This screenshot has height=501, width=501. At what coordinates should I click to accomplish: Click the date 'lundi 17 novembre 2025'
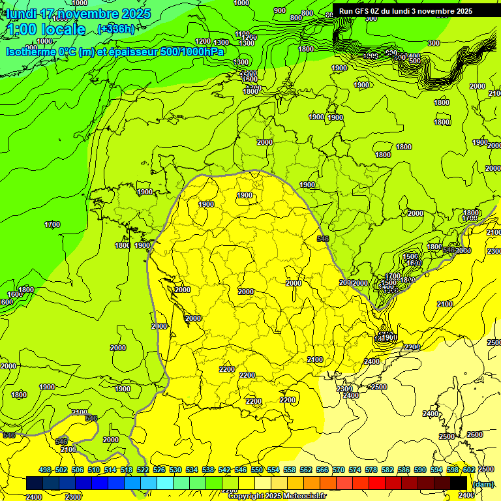78,14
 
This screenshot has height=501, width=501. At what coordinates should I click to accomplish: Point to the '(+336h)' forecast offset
116,29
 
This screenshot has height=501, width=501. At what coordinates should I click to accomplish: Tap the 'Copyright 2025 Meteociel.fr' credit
277,496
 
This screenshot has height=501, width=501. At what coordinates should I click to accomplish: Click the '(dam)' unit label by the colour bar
483,483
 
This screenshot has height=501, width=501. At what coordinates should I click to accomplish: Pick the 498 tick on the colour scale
45,470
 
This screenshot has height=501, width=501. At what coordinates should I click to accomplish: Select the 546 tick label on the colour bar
241,470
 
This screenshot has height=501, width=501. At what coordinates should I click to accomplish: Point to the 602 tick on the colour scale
469,470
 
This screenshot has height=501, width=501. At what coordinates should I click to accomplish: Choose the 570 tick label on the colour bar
339,470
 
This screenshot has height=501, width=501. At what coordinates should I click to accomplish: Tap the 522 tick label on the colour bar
143,470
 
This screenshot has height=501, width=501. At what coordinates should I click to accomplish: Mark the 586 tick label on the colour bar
404,470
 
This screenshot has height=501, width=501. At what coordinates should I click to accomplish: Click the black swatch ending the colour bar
459,483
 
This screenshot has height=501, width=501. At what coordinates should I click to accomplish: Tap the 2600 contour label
475,434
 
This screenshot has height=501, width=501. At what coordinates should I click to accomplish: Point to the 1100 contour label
242,34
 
